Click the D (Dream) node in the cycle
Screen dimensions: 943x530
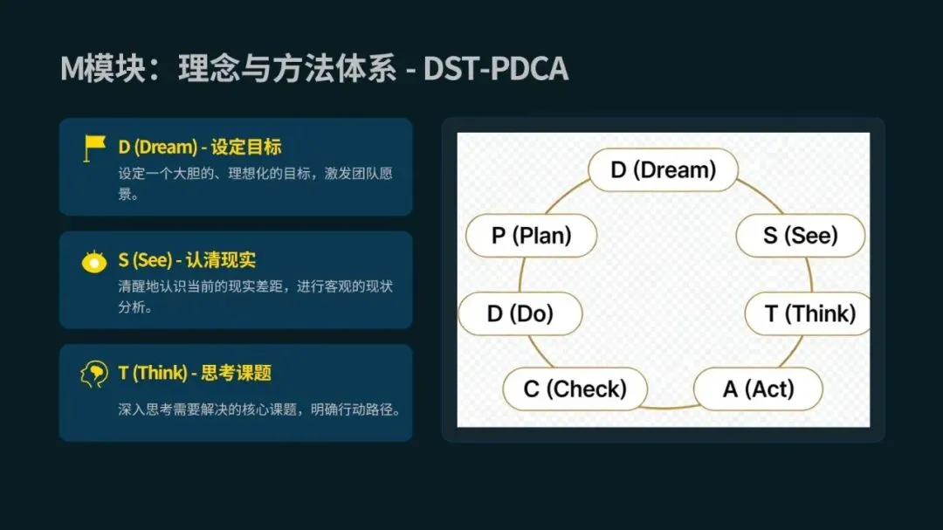click(x=663, y=169)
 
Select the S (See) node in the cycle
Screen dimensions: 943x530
click(x=800, y=236)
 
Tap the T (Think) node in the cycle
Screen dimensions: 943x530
click(x=809, y=314)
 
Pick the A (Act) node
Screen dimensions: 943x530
click(x=758, y=389)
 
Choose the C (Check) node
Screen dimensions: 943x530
click(x=575, y=389)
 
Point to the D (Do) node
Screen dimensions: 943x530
click(x=520, y=314)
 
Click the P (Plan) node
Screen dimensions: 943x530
click(x=531, y=236)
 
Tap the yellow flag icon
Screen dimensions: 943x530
click(x=94, y=148)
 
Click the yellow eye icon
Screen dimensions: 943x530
click(x=94, y=261)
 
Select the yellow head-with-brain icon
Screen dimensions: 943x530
click(x=94, y=374)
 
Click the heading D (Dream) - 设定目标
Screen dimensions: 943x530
click(x=200, y=147)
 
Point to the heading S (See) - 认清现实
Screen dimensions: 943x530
click(x=187, y=260)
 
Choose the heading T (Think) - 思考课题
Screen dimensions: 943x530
click(x=195, y=373)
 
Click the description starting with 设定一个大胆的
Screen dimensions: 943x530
click(x=255, y=182)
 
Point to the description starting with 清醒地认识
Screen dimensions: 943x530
click(x=255, y=296)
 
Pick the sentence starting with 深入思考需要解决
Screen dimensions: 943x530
click(x=259, y=409)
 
